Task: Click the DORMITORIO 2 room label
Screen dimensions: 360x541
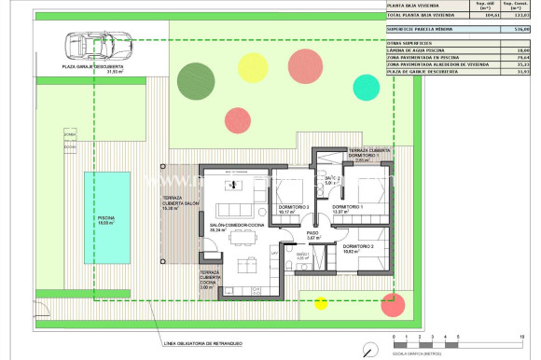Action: [x=358, y=247]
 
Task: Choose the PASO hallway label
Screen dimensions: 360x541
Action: [x=313, y=235]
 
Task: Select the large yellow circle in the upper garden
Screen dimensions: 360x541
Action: [x=252, y=65]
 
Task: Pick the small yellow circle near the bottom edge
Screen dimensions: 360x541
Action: [x=322, y=301]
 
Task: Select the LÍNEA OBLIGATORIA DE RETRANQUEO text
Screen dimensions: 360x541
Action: [x=201, y=343]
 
